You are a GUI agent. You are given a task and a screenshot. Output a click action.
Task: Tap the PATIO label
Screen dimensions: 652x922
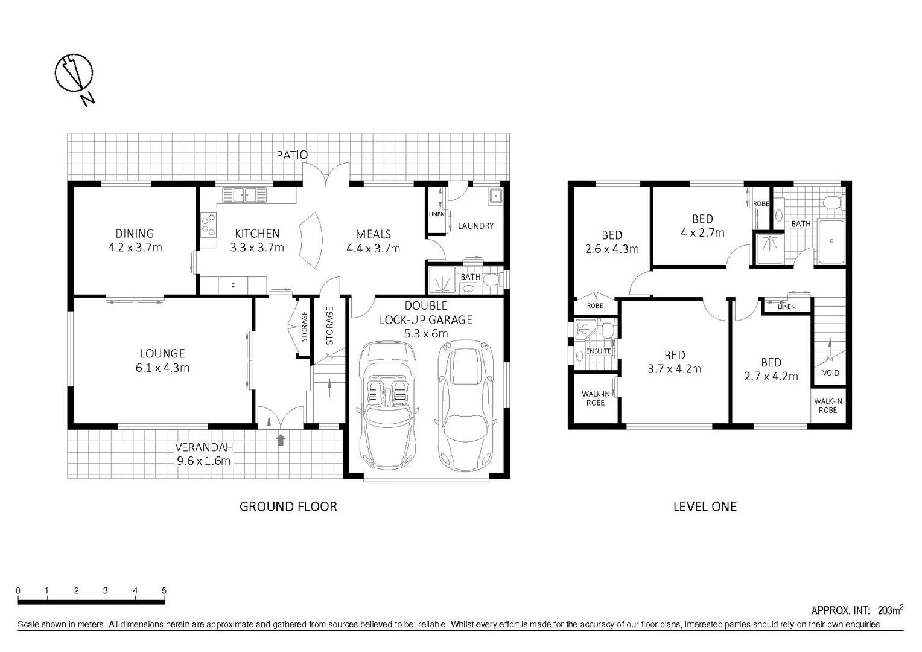(292, 155)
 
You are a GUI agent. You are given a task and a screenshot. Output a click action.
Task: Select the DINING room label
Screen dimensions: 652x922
(135, 233)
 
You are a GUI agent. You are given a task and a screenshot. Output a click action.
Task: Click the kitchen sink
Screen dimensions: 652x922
(244, 195)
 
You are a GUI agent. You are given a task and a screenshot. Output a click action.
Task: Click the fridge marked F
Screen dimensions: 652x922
(233, 286)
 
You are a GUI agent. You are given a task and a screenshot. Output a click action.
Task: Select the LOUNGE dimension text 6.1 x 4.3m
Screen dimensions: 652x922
(162, 368)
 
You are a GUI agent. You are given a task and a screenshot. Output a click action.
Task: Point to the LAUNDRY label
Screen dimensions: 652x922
(475, 226)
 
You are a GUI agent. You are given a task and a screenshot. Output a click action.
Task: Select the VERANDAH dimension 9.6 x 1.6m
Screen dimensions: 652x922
(203, 461)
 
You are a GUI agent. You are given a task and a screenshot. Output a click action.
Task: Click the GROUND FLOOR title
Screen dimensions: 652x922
(288, 507)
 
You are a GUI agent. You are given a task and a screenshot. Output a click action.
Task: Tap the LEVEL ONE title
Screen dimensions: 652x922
(705, 507)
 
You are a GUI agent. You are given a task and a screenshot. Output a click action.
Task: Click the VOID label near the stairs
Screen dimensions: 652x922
(830, 372)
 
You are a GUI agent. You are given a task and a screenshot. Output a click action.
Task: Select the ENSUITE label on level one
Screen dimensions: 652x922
(598, 351)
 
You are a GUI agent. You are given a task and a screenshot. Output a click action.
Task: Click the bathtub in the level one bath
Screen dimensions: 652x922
(831, 241)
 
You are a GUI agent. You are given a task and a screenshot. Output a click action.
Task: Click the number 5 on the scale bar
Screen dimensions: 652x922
(164, 590)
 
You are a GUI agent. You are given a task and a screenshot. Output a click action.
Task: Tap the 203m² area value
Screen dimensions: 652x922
(890, 610)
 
